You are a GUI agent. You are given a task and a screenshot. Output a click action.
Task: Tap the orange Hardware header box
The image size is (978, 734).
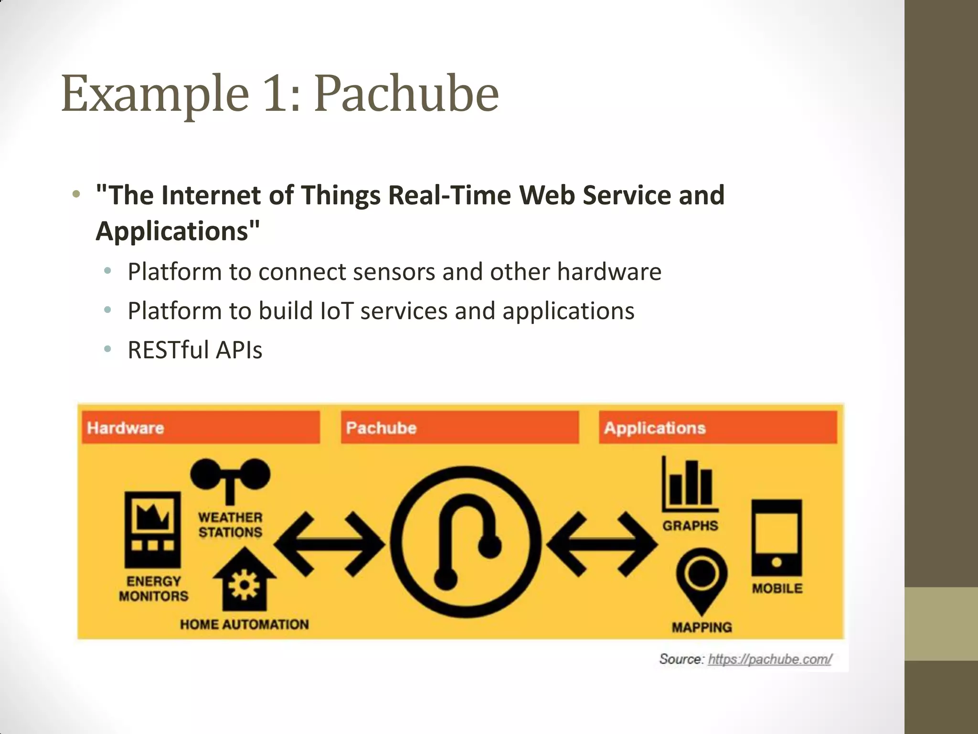(201, 427)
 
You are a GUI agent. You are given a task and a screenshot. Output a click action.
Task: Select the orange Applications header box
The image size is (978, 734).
(717, 427)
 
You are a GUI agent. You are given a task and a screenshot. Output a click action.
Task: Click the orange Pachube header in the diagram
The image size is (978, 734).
(459, 427)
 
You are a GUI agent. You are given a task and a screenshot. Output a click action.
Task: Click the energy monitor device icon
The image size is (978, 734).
(153, 529)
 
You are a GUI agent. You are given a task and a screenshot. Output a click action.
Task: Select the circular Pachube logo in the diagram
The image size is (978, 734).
(466, 542)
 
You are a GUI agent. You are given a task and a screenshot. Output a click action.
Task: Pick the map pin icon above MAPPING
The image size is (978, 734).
(702, 578)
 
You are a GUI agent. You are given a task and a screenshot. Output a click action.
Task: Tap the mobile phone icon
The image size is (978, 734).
(776, 538)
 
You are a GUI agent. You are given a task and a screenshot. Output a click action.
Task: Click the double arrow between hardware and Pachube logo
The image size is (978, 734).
(330, 544)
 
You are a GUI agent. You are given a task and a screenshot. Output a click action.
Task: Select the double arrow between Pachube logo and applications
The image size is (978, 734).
(603, 544)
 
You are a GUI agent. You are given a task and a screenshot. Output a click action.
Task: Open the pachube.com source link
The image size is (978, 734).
(769, 659)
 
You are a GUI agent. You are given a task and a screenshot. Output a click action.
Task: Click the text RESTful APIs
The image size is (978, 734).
(195, 350)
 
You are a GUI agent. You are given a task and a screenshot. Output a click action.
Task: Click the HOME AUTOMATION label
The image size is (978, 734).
(244, 624)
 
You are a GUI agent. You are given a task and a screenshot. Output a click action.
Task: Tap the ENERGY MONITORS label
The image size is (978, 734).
(153, 589)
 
